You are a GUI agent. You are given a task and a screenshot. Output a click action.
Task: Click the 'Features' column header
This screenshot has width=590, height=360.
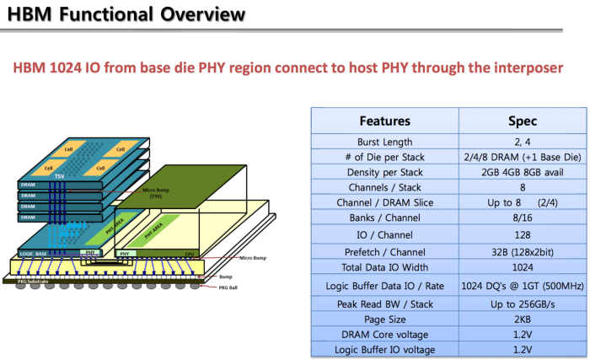click(384, 121)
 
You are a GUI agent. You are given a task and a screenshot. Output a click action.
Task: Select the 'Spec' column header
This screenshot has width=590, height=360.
click(523, 121)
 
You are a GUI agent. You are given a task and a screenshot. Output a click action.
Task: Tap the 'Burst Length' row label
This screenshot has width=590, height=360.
click(385, 142)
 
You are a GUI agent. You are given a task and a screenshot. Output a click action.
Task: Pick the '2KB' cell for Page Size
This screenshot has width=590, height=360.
click(523, 320)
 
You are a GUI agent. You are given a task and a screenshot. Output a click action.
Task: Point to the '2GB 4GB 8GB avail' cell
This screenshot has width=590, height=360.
click(523, 173)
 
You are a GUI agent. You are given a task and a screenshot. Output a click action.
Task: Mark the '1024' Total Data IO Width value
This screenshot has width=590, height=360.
click(523, 266)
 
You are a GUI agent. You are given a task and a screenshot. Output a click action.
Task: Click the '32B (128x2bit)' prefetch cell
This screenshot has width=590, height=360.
click(523, 251)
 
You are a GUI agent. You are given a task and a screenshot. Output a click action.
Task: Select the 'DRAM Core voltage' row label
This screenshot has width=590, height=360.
click(385, 335)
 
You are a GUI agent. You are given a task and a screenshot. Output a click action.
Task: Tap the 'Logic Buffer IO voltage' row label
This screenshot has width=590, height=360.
click(385, 350)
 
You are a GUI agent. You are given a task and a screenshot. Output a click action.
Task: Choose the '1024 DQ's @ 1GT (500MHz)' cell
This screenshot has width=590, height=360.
click(523, 285)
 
